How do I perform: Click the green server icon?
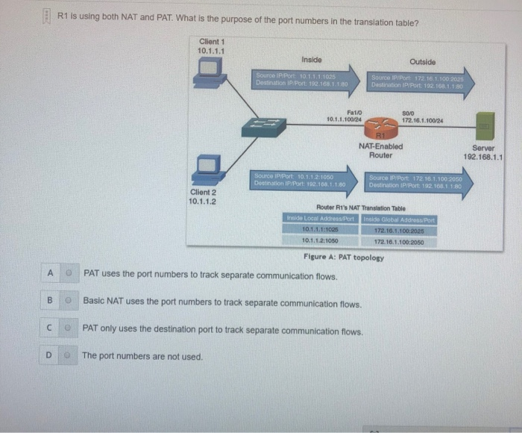click(483, 128)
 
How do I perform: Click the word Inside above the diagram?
click(312, 59)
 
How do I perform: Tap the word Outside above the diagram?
click(422, 62)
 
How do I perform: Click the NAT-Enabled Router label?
click(380, 151)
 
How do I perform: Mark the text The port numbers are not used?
click(142, 356)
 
